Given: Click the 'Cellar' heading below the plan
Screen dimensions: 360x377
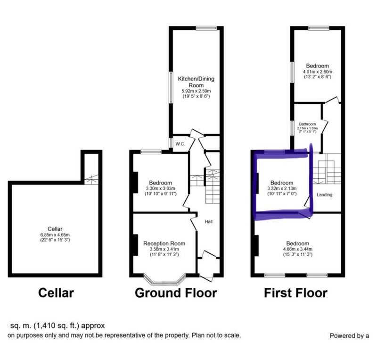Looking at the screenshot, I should point(56,293).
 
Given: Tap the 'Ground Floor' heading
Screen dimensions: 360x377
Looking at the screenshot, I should point(176,293).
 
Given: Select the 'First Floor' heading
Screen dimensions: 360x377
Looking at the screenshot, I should point(295,293).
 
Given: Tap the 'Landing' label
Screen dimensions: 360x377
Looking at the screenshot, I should point(324,195).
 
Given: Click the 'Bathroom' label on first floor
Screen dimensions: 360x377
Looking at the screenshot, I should point(307,124).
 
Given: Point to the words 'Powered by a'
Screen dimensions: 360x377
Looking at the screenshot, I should point(349,336).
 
